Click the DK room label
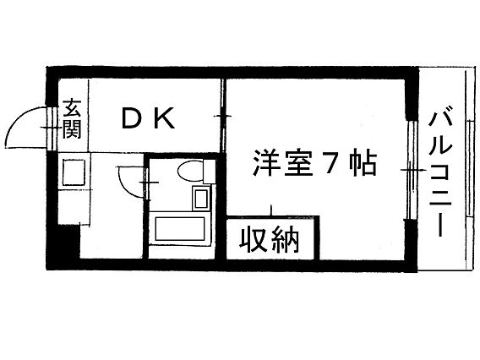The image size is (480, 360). point(148,117)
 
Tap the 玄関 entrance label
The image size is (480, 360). point(72,118)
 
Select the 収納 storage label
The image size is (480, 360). point(269,240)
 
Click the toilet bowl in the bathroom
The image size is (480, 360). point(190,171)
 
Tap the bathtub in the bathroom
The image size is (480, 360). point(180,228)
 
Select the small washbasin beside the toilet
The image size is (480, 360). point(201,198)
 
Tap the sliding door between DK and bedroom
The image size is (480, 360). point(223,116)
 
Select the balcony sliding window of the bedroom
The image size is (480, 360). point(413,170)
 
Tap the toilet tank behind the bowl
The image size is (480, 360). point(209,171)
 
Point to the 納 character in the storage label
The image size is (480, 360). point(285,240)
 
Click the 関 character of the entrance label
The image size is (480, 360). point(72,129)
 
